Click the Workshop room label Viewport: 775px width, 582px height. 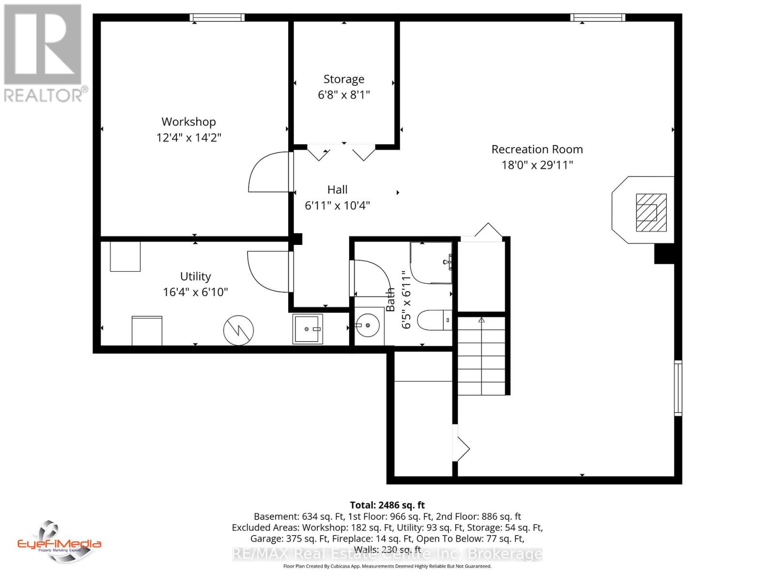188,122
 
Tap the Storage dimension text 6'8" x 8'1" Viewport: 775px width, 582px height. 343,95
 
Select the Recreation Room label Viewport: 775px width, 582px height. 537,149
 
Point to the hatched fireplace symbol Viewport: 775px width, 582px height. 651,212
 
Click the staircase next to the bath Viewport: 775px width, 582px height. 481,355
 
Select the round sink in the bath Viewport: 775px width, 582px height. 368,325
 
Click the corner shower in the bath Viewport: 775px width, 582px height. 430,263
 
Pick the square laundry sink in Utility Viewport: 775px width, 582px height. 307,329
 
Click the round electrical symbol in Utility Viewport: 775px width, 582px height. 238,330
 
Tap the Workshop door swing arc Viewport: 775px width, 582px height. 268,172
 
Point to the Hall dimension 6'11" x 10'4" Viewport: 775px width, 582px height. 337,206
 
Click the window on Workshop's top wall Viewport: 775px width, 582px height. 217,18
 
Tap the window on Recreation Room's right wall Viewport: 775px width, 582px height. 678,388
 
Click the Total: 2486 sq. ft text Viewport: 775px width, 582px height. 387,505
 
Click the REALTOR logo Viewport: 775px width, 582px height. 44,53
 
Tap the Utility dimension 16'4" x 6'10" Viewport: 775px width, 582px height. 195,292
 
